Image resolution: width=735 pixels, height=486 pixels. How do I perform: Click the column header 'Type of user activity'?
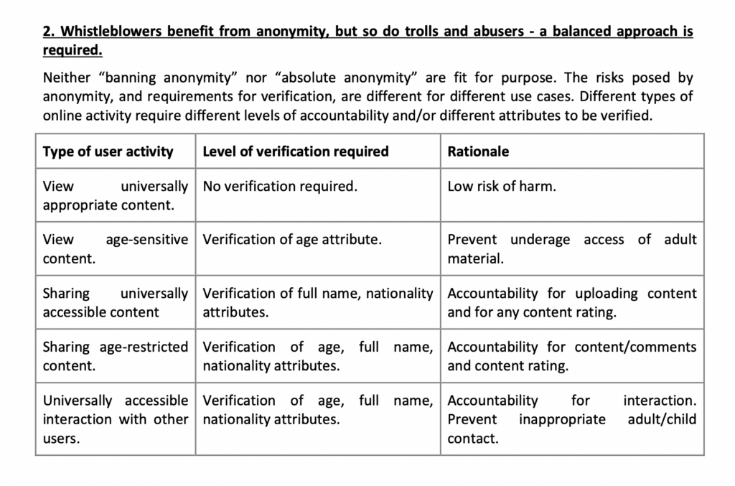coord(108,151)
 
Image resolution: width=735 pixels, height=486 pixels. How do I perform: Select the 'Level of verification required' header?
coord(296,151)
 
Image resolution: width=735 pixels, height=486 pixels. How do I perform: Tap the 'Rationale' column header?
coord(478,151)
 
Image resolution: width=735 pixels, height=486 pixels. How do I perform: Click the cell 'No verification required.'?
coord(280,187)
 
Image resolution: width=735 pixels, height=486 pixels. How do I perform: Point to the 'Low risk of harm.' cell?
coord(502,187)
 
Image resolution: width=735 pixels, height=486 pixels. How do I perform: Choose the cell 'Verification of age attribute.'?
coord(292,240)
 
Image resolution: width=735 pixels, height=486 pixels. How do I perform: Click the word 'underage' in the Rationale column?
coord(540,240)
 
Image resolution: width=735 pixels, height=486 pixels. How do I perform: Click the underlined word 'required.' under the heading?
coord(72,51)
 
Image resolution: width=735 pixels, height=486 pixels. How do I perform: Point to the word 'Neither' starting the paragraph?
coord(67,78)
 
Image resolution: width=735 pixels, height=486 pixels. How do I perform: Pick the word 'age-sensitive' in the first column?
coord(147,240)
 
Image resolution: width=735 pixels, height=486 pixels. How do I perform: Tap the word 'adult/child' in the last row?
coord(662,419)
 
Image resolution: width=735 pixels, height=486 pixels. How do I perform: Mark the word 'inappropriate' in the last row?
coord(562,419)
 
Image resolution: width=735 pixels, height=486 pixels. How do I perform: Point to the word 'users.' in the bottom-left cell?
coord(62,438)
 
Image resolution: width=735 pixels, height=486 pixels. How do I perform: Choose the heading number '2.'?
coord(49,32)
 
